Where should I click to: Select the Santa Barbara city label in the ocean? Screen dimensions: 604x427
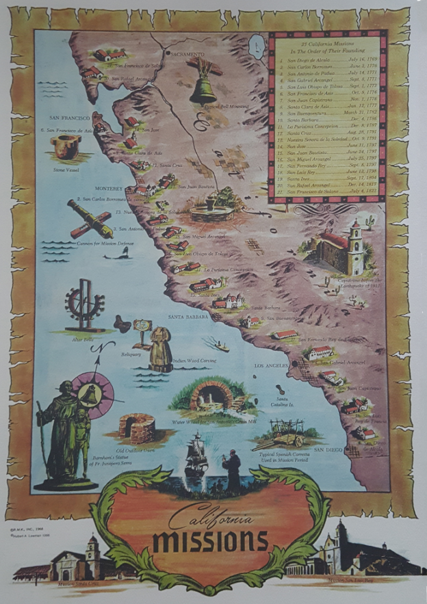pos(188,317)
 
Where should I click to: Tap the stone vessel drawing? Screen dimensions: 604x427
pos(66,145)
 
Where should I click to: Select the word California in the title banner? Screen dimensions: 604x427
pos(209,515)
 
